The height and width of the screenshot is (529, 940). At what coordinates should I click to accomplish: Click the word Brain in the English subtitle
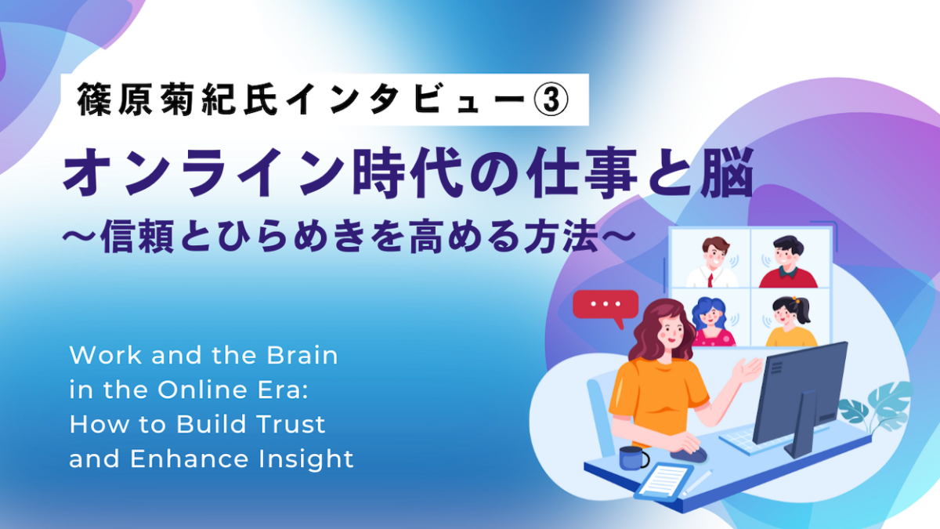302,355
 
